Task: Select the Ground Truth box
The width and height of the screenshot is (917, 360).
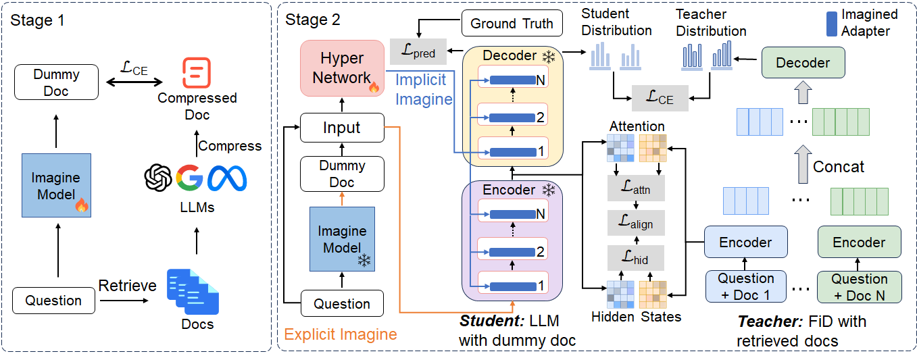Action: tap(512, 23)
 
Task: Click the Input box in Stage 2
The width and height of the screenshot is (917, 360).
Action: tap(341, 128)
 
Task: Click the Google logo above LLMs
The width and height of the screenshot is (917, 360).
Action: tap(189, 177)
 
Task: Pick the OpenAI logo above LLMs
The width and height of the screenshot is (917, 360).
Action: tap(159, 178)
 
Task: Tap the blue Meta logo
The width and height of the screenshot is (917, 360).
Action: tap(226, 178)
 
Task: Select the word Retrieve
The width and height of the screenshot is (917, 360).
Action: tap(127, 286)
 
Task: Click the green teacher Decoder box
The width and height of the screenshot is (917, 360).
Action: tap(803, 63)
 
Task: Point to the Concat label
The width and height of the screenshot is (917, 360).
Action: tap(839, 167)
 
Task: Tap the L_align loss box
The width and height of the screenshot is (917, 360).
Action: tap(636, 222)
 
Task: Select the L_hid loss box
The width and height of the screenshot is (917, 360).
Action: tap(636, 257)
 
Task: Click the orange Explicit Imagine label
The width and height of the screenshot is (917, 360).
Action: tap(340, 334)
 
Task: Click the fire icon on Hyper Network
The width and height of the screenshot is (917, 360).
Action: tap(373, 87)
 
